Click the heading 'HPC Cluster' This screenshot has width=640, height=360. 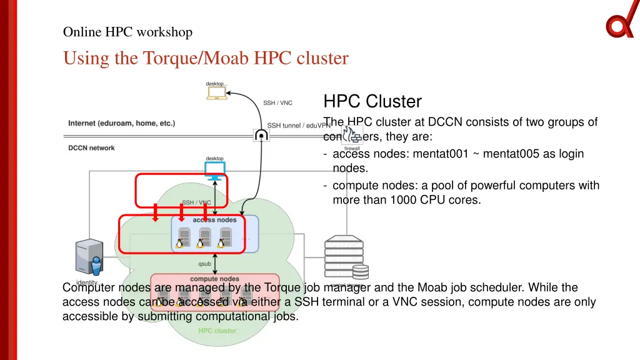tap(372, 101)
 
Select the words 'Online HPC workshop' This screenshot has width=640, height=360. tap(127, 32)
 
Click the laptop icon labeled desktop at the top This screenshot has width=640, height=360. tap(217, 93)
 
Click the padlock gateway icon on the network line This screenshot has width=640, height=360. tap(261, 135)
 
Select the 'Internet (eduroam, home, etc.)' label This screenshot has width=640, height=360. tap(122, 123)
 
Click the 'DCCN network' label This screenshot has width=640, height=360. tap(91, 148)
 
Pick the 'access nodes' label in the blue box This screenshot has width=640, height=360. tap(214, 220)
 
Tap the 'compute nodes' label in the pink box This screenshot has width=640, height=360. tap(214, 279)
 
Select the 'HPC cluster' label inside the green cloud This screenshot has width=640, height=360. tap(217, 331)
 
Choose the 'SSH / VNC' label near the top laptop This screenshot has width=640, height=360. tap(277, 103)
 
